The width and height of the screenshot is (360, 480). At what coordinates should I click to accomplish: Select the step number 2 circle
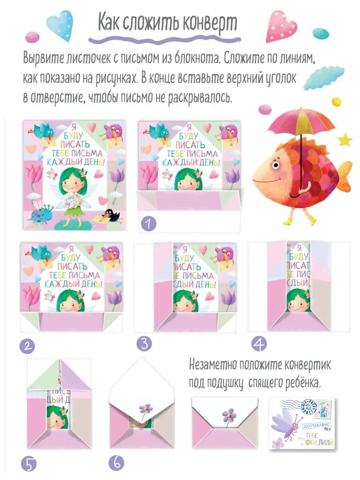27,345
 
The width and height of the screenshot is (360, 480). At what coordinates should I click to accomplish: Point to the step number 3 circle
144,344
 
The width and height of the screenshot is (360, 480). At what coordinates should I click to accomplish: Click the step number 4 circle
259,344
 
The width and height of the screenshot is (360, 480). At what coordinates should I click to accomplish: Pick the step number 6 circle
116,463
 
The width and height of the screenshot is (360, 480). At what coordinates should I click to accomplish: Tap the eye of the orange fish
275,164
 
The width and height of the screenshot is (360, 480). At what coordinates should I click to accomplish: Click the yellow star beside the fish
345,140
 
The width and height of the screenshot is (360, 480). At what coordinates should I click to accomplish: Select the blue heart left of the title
60,25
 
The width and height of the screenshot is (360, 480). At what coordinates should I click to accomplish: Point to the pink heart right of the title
282,26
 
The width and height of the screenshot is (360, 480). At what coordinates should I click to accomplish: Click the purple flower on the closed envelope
229,415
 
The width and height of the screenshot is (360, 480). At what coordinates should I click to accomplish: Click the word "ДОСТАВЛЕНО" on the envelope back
318,426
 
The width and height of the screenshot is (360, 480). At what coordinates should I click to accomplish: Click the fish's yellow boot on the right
311,220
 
